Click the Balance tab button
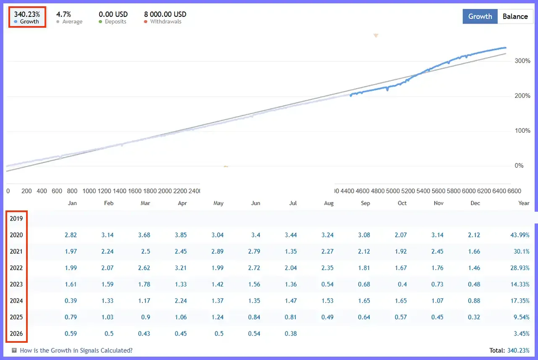515,16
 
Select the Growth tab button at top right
480,16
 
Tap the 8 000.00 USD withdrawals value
165,14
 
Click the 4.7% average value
63,14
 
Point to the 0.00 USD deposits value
113,14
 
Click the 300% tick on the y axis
522,61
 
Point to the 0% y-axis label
519,166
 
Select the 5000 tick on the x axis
393,191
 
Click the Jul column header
293,203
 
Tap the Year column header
524,203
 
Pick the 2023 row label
16,284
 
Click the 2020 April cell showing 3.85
181,235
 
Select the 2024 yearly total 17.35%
520,301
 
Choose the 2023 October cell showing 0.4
402,284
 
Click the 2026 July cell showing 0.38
290,334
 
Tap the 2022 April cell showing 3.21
181,268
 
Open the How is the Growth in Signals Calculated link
76,350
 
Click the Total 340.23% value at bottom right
518,351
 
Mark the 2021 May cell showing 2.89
217,252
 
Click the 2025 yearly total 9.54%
522,317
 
